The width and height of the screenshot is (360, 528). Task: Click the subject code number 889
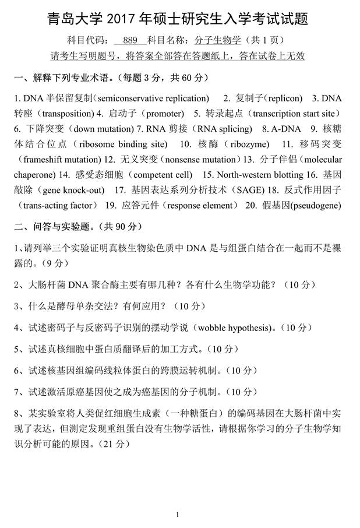click(x=130, y=41)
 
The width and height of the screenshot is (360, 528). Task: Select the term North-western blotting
click(x=253, y=174)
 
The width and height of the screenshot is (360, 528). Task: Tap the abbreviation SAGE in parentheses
click(x=248, y=189)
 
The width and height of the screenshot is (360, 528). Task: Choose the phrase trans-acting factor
click(x=58, y=205)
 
